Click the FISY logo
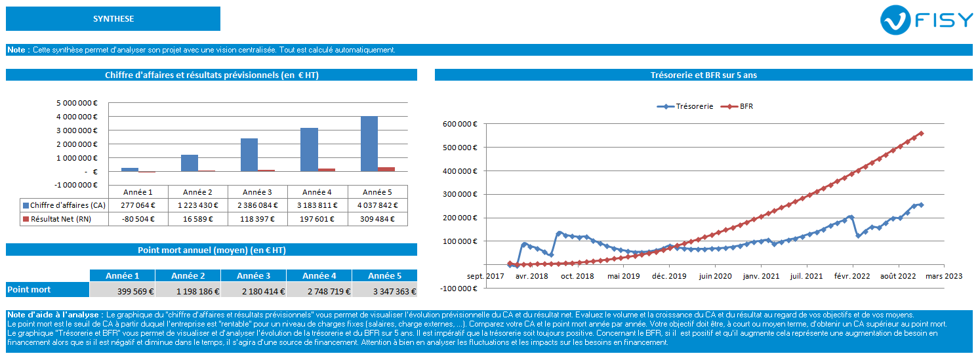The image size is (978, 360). tap(927, 20)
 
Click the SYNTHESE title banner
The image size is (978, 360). tap(113, 19)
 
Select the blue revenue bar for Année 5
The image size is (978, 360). tap(369, 144)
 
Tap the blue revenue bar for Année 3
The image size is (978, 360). tap(249, 155)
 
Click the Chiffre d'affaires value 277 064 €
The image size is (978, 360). tap(138, 205)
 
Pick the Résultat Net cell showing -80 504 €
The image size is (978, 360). tap(138, 219)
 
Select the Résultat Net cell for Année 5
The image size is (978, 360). tap(377, 219)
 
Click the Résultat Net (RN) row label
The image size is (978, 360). tap(63, 219)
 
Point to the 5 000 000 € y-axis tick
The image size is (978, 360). tap(77, 102)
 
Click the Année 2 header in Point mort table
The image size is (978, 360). tap(188, 276)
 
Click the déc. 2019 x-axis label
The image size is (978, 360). tap(669, 277)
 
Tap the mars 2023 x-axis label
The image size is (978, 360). tap(944, 277)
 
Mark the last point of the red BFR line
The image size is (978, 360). tap(921, 133)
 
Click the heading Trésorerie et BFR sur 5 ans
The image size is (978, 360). tap(703, 75)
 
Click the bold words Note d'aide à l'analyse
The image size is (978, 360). tap(54, 315)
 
